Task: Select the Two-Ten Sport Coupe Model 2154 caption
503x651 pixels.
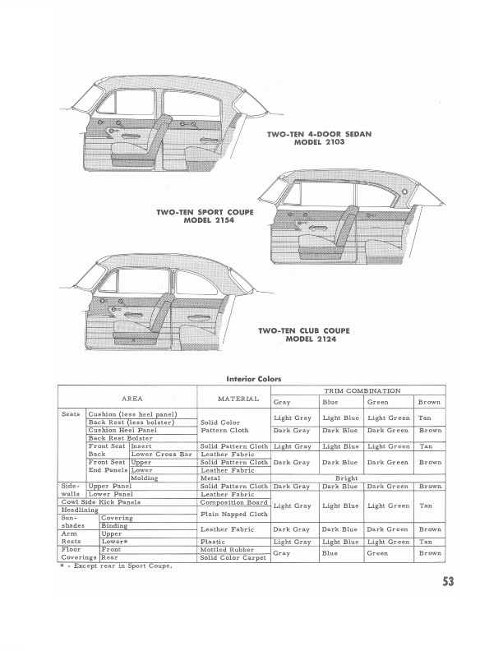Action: point(205,216)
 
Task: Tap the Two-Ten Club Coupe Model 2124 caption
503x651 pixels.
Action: point(303,335)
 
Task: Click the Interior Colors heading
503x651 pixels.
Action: point(254,379)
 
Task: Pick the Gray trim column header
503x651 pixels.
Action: point(282,403)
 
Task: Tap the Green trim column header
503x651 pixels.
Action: point(378,403)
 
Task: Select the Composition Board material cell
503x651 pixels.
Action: point(234,502)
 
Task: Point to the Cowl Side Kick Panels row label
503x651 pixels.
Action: point(101,502)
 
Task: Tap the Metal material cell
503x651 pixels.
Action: point(210,478)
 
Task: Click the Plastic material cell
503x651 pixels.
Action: point(213,542)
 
